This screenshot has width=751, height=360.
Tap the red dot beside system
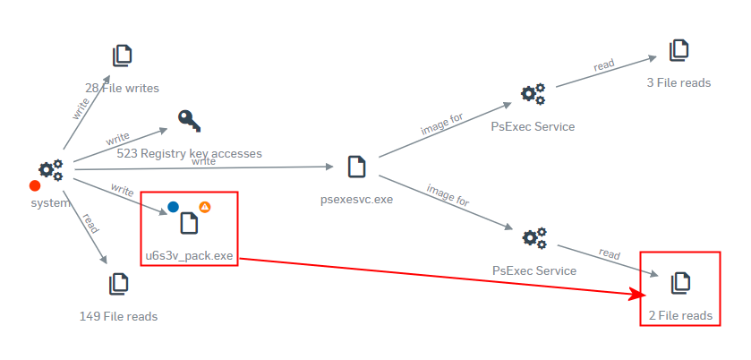(35, 186)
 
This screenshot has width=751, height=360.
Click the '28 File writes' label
(123, 88)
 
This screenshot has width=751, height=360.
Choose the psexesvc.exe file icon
(356, 167)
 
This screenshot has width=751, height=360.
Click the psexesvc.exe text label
(356, 199)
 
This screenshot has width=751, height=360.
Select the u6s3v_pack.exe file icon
(189, 222)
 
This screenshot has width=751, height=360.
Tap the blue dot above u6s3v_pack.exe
(174, 207)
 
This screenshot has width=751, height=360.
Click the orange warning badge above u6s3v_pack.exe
(204, 207)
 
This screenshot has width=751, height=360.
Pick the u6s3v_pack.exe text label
(189, 256)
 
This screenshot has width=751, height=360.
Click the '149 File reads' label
(118, 316)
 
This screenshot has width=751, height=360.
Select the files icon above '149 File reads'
(118, 285)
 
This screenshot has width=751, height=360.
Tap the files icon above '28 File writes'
(123, 56)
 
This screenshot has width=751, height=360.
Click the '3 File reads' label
(678, 82)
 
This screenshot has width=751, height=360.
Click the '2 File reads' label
(680, 315)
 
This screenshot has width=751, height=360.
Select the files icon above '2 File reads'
(681, 283)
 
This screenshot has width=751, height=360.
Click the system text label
(50, 202)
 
